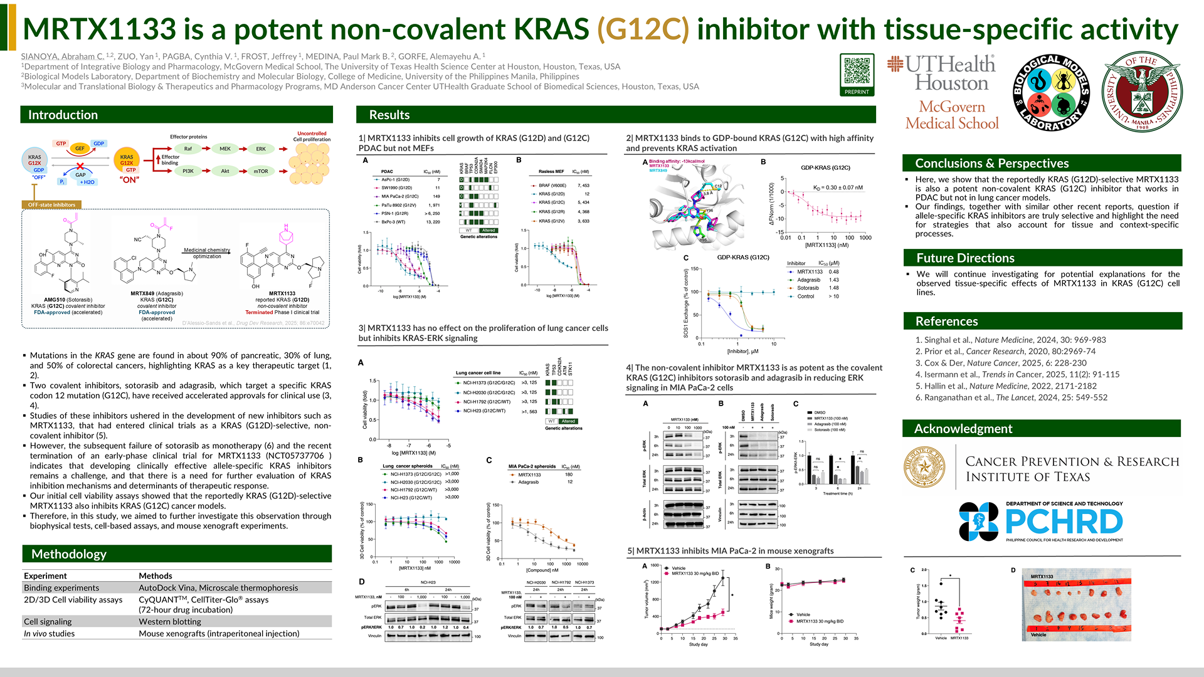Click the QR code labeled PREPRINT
pyautogui.click(x=857, y=71)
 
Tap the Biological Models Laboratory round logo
pyautogui.click(x=1051, y=92)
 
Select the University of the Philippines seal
pyautogui.click(x=1143, y=92)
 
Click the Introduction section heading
pyautogui.click(x=63, y=115)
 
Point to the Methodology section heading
pyautogui.click(x=69, y=554)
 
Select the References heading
pyautogui.click(x=946, y=321)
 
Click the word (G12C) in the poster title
pyautogui.click(x=643, y=29)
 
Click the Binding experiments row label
pyautogui.click(x=61, y=588)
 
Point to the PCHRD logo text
pyautogui.click(x=1064, y=522)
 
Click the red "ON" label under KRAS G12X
pyautogui.click(x=129, y=180)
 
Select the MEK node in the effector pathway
pyautogui.click(x=225, y=149)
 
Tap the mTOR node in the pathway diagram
pyautogui.click(x=261, y=171)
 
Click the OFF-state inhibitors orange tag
pyautogui.click(x=51, y=205)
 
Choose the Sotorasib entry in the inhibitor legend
pyautogui.click(x=808, y=288)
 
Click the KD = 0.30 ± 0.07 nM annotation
pyautogui.click(x=838, y=187)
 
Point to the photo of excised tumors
pyautogui.click(x=1077, y=605)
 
